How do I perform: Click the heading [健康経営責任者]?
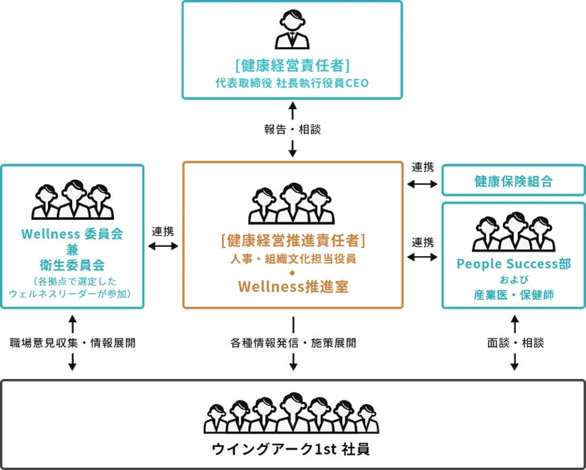pyautogui.click(x=292, y=65)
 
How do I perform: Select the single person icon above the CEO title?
pyautogui.click(x=292, y=30)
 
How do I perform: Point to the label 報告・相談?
pyautogui.click(x=292, y=129)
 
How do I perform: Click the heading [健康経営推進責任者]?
pyautogui.click(x=293, y=239)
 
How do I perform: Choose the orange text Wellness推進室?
pyautogui.click(x=293, y=286)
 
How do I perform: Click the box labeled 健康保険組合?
pyautogui.click(x=513, y=181)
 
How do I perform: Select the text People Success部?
pyautogui.click(x=513, y=264)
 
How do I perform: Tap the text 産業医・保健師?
pyautogui.click(x=513, y=294)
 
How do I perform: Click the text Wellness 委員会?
pyautogui.click(x=72, y=235)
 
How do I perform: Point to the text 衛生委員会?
pyautogui.click(x=72, y=265)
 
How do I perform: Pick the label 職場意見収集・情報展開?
pyautogui.click(x=72, y=343)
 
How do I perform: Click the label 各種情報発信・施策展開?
pyautogui.click(x=293, y=343)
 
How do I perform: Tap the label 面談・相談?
pyautogui.click(x=515, y=343)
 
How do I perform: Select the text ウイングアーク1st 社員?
pyautogui.click(x=292, y=448)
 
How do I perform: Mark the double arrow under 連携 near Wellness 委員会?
pyautogui.click(x=163, y=246)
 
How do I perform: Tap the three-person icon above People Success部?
pyautogui.click(x=513, y=233)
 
